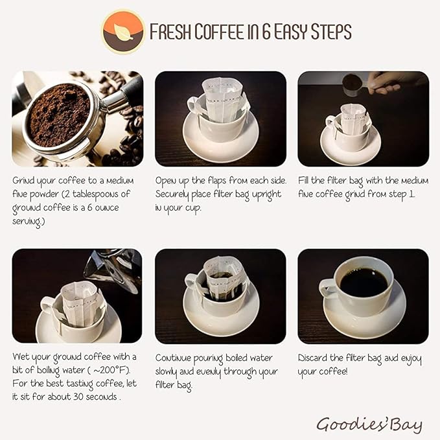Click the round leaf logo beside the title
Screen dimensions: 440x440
click(122, 31)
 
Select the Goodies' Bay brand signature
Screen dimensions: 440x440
click(369, 424)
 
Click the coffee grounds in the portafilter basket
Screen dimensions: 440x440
click(59, 114)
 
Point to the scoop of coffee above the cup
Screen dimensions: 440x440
click(353, 83)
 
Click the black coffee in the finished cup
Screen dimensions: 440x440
click(364, 282)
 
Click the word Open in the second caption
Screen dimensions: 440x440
click(167, 181)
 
